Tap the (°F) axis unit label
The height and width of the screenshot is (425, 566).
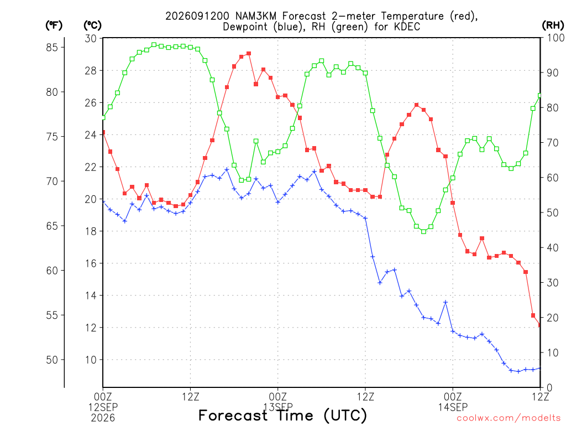point(54,25)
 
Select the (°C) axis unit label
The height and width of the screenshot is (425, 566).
point(93,25)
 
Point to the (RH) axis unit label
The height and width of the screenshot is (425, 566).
point(553,25)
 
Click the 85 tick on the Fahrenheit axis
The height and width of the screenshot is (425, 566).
point(52,48)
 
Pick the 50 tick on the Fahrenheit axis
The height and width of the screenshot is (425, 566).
point(52,360)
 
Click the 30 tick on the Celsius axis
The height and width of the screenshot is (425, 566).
point(91,38)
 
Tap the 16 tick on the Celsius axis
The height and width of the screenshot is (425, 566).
point(91,263)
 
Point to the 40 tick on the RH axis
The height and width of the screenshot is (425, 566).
point(552,248)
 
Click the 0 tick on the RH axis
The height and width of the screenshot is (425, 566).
point(549,388)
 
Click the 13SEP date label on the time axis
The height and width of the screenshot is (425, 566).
point(278,407)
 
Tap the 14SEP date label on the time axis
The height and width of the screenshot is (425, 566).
point(453,407)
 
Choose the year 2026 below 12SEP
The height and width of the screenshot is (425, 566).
point(103,418)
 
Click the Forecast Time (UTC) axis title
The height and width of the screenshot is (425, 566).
point(282,416)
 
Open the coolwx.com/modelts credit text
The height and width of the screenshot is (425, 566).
point(509,418)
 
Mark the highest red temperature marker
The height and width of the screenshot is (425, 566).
point(249,54)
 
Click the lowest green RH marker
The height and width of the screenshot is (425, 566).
point(424,232)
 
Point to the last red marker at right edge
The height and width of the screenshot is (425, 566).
point(540,325)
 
